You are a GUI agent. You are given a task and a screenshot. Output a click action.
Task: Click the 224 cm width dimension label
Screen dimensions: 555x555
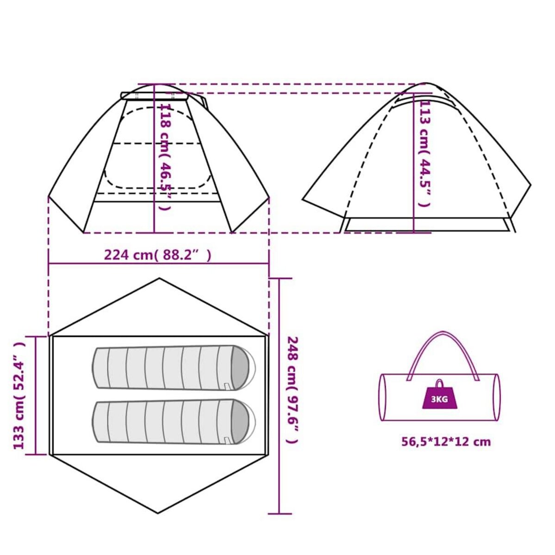tap(158, 255)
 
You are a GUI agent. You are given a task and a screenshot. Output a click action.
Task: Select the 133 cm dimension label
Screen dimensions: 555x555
tap(19, 395)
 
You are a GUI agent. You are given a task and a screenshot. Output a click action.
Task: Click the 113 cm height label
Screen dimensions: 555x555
tap(425, 154)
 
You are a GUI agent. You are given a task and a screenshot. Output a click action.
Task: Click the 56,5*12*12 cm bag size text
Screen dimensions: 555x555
tap(446, 442)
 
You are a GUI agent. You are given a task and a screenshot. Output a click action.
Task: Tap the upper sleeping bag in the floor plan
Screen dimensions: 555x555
tap(173, 368)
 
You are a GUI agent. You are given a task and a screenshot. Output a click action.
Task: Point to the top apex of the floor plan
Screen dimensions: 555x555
tap(159, 278)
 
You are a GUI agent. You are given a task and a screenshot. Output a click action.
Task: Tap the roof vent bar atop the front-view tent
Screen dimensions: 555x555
tap(154, 96)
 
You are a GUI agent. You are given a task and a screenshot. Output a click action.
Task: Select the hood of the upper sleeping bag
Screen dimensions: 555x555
tap(242, 368)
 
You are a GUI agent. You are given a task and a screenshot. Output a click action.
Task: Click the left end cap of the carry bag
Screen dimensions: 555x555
tap(383, 397)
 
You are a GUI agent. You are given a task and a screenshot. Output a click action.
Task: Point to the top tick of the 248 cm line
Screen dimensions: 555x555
tap(280, 279)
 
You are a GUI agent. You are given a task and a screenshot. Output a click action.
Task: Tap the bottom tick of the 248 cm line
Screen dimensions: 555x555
tap(280, 514)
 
